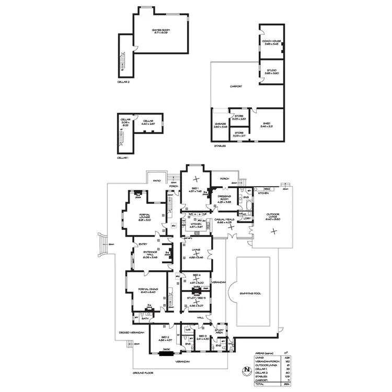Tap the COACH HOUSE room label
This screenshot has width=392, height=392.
pyautogui.click(x=272, y=42)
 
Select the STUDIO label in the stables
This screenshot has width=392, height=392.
pyautogui.click(x=271, y=72)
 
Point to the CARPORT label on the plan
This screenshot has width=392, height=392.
pyautogui.click(x=236, y=86)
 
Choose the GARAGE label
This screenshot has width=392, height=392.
pyautogui.click(x=220, y=124)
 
